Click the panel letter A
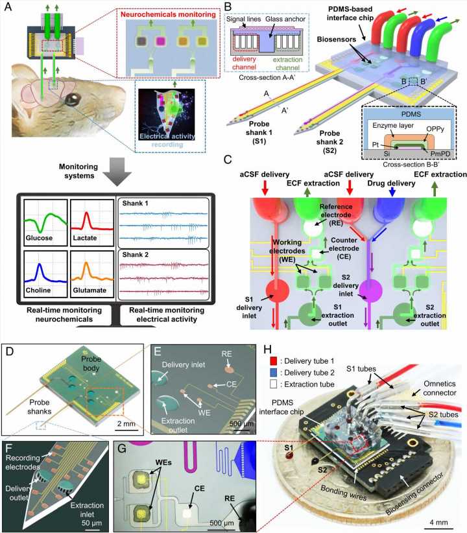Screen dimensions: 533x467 [x=7, y=8]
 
